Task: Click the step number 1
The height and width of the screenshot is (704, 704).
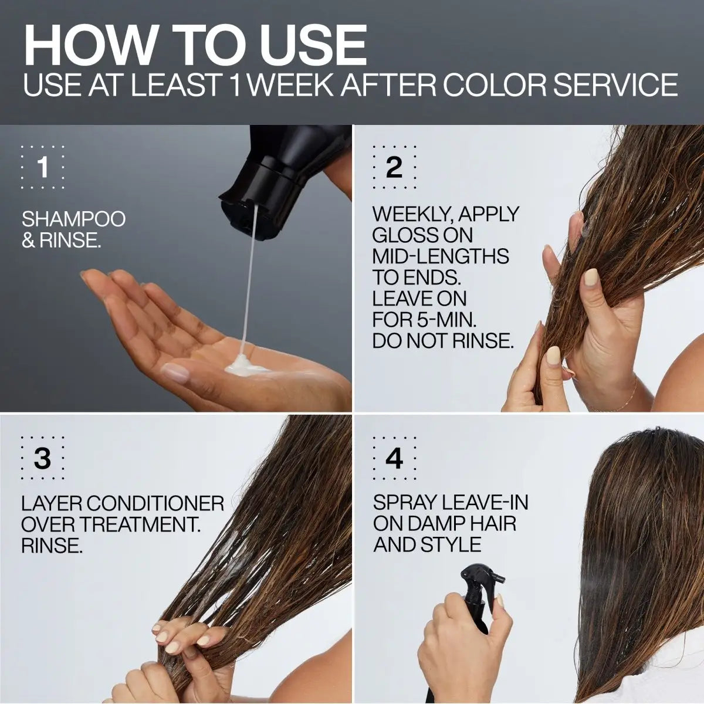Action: [42, 168]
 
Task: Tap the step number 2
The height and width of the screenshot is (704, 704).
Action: [394, 168]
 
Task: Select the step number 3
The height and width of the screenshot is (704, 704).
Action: [42, 459]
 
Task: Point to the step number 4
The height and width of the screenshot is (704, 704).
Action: [394, 459]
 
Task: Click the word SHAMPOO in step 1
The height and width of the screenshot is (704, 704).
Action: [73, 219]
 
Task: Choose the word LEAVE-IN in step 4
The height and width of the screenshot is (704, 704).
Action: [485, 502]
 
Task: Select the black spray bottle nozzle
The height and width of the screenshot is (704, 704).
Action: [481, 575]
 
